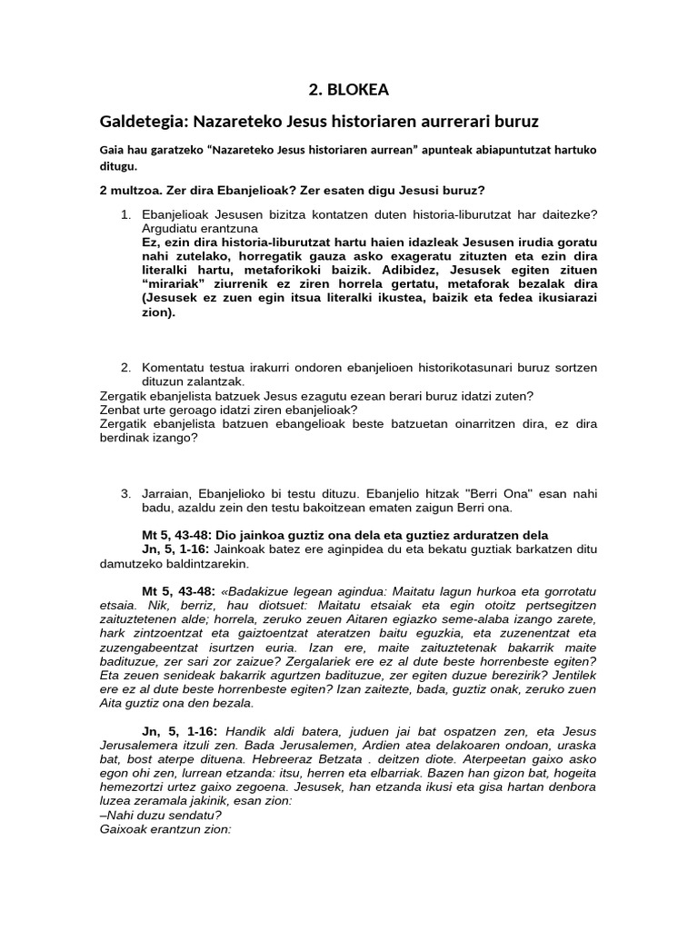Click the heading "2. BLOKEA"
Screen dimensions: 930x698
click(348, 88)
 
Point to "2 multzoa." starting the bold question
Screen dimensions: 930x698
click(130, 190)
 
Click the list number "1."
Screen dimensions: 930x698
click(126, 213)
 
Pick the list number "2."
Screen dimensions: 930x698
click(126, 367)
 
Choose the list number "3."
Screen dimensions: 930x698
click(126, 492)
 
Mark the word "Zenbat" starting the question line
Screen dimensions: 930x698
click(121, 410)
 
